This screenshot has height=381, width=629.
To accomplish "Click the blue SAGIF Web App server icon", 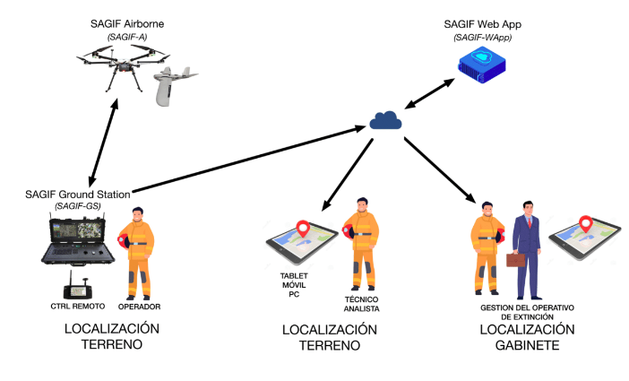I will pyautogui.click(x=482, y=64).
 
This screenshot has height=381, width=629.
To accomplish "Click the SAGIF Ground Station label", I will pyautogui.click(x=78, y=194).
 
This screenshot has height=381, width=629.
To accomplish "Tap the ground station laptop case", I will pyautogui.click(x=80, y=241).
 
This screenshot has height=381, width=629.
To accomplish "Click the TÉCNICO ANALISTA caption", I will pyautogui.click(x=362, y=303).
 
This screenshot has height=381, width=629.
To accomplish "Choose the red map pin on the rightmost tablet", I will pyautogui.click(x=587, y=224).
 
